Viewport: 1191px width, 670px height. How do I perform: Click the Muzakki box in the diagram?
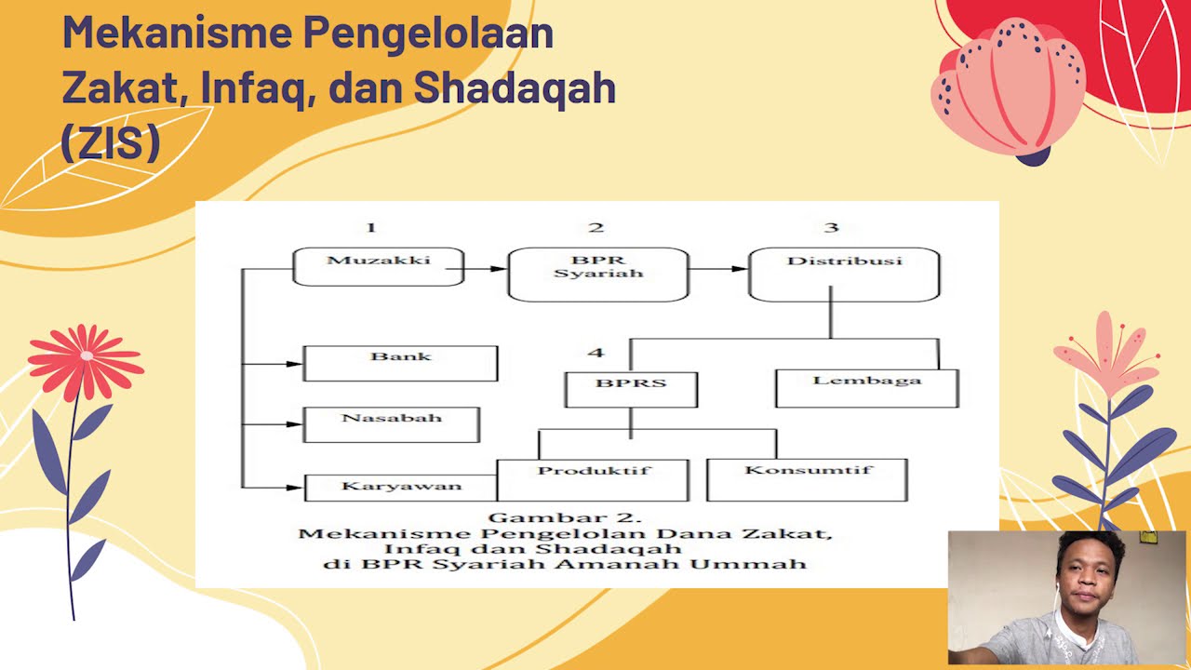point(378,266)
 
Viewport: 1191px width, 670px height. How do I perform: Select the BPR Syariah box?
point(597,274)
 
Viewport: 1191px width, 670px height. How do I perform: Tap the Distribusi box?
point(844,274)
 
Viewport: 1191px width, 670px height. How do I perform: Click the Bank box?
point(400,363)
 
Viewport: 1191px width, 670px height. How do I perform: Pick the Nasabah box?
point(391,424)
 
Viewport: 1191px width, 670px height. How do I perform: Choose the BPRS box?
point(631,389)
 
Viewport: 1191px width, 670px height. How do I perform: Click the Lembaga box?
point(866,388)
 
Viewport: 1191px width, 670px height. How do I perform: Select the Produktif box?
point(593,479)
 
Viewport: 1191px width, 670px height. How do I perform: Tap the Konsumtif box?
point(807,479)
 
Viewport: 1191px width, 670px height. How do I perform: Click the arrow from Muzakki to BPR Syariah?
point(485,269)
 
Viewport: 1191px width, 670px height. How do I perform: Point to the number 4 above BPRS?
point(595,353)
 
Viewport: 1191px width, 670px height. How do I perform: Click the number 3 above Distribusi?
point(831,227)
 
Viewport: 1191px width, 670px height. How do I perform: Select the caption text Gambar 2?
point(565,517)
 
